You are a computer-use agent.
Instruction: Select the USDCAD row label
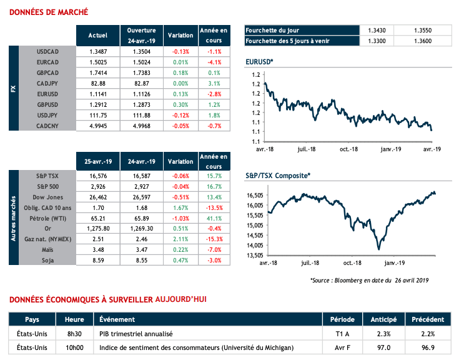[x=47, y=51]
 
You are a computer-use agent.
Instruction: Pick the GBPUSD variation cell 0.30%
[x=180, y=104]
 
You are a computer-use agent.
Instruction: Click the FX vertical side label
[x=14, y=88]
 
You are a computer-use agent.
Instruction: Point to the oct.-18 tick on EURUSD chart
[x=349, y=149]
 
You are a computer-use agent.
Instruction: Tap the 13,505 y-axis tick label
[x=254, y=255]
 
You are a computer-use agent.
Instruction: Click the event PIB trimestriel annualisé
[x=136, y=334]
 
